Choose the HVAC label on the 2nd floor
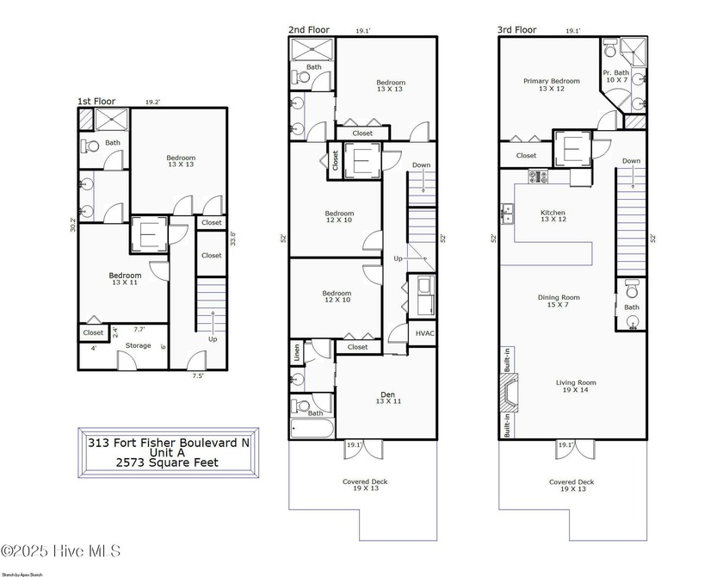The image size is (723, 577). pyautogui.click(x=424, y=333)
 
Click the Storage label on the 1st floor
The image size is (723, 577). pyautogui.click(x=139, y=346)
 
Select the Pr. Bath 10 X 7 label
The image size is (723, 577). pyautogui.click(x=615, y=77)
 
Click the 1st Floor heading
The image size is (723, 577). pyautogui.click(x=96, y=102)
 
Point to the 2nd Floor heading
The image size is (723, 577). pyautogui.click(x=308, y=30)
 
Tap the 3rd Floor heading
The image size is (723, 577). pyautogui.click(x=516, y=30)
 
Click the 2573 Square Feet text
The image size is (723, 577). pyautogui.click(x=169, y=462)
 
